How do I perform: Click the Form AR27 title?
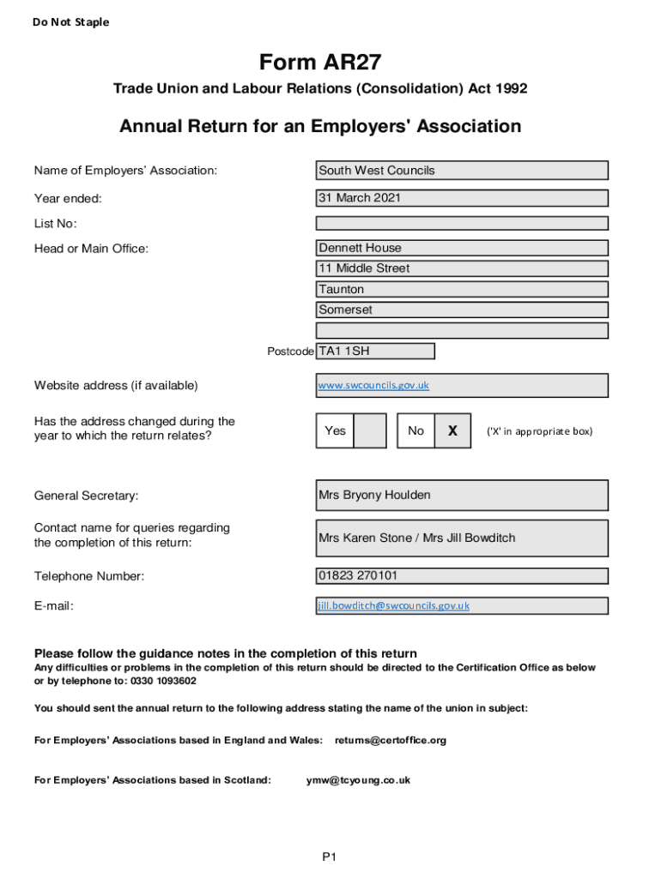click(x=320, y=63)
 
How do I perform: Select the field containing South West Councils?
click(x=462, y=171)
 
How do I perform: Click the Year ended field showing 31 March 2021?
click(x=462, y=198)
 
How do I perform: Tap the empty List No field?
click(x=462, y=224)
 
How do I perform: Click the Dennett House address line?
click(x=462, y=248)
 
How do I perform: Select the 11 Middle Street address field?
click(x=462, y=268)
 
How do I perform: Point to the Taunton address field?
click(x=462, y=290)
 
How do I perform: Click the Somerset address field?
click(x=462, y=310)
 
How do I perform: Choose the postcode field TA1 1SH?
click(x=375, y=352)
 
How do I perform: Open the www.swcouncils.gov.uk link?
click(x=373, y=386)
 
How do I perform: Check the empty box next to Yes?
click(x=370, y=430)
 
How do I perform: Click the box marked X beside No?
click(x=452, y=430)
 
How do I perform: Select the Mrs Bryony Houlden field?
click(x=462, y=496)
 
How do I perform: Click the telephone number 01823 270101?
click(x=462, y=576)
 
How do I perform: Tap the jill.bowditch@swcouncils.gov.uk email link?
click(x=394, y=605)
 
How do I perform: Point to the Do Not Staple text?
click(x=71, y=22)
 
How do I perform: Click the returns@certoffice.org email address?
click(x=391, y=740)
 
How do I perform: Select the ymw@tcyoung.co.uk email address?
click(x=358, y=780)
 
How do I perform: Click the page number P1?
click(x=330, y=857)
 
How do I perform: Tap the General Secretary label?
click(x=86, y=496)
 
